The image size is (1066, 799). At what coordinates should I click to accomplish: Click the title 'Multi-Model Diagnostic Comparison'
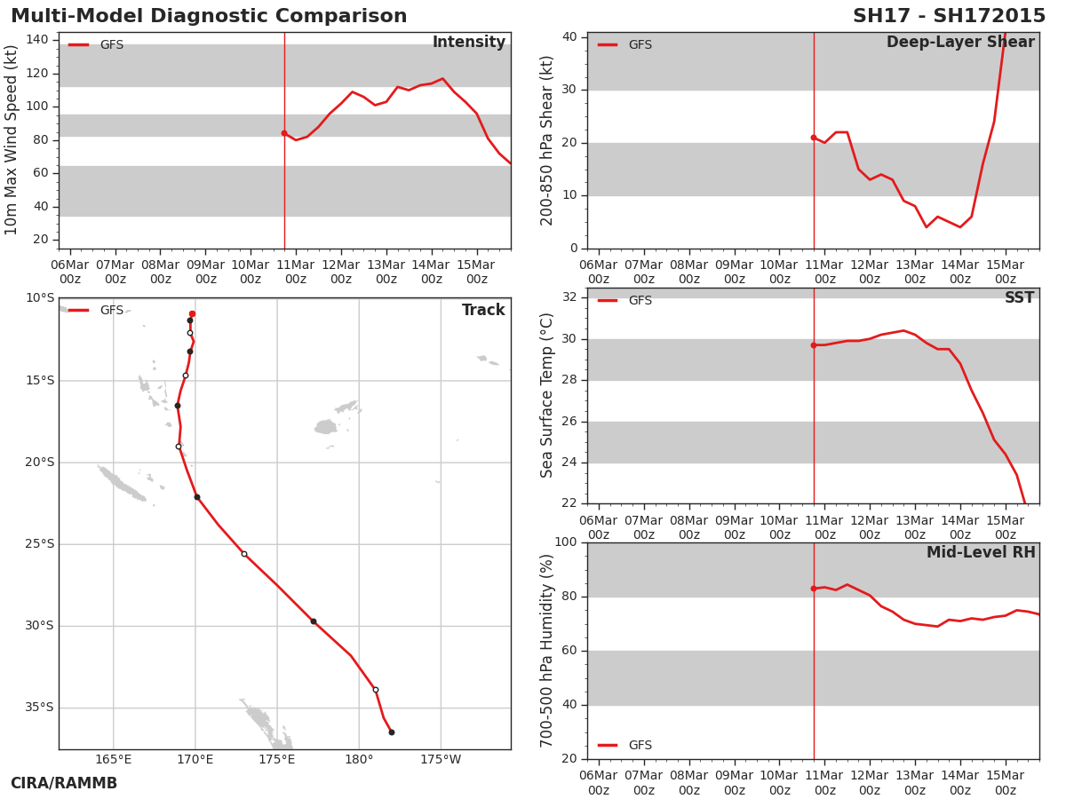click(209, 16)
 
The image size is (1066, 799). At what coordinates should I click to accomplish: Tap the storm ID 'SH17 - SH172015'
click(949, 16)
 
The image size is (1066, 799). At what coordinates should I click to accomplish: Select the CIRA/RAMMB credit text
click(64, 783)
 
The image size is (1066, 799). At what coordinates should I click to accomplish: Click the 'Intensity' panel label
click(469, 43)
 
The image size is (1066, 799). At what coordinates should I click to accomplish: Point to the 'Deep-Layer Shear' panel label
click(960, 43)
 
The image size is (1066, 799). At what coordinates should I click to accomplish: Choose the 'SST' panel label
click(1020, 297)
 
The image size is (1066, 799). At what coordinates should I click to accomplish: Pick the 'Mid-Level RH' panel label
click(981, 552)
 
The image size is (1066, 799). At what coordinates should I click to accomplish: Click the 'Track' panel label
click(483, 310)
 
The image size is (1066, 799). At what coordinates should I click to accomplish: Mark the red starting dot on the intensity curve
click(284, 133)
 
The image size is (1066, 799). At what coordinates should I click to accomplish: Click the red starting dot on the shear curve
click(814, 138)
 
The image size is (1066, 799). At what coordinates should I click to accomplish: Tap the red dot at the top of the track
click(192, 314)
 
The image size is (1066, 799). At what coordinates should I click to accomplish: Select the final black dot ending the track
click(392, 732)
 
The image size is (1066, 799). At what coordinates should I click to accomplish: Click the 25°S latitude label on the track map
click(40, 544)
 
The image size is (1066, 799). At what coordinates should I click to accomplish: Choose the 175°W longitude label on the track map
click(441, 760)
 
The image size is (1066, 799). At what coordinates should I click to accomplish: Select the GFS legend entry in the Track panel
click(96, 311)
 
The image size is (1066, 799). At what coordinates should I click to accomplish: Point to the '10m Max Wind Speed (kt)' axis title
click(11, 140)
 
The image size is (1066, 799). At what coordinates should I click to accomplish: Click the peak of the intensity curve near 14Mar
click(442, 79)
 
